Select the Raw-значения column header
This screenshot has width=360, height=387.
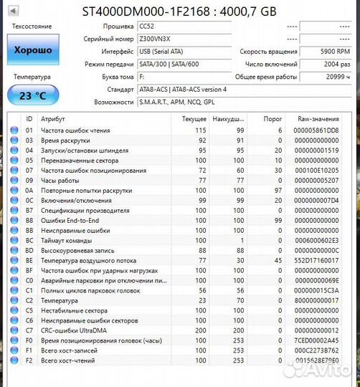(317, 118)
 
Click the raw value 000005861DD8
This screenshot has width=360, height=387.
(316, 130)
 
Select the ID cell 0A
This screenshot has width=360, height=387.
(29, 191)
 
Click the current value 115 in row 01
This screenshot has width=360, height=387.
(200, 130)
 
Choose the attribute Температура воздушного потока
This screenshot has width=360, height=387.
(87, 262)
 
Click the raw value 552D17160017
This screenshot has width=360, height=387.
(316, 262)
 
